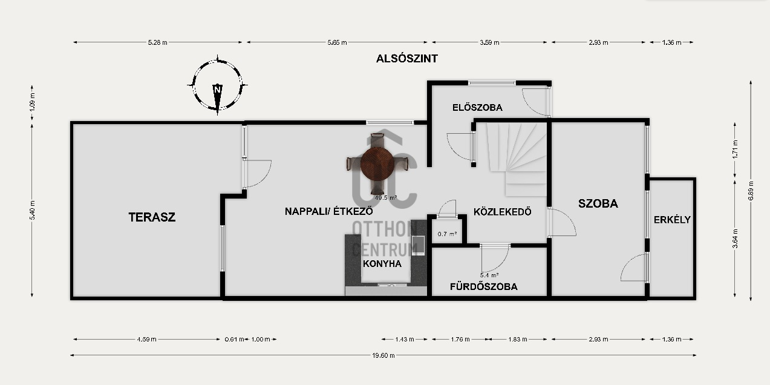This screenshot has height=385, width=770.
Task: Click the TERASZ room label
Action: (152, 217)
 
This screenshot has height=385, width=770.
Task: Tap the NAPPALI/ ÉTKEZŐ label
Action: (329, 211)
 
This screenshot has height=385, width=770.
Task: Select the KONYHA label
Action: (382, 263)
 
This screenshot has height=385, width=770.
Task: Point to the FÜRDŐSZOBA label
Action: (484, 286)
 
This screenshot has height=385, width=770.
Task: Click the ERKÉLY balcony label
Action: (672, 220)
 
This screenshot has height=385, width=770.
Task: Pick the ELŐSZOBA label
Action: (477, 107)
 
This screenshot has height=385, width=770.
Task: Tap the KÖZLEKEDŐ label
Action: (503, 212)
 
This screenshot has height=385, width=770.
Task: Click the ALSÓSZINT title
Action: (407, 59)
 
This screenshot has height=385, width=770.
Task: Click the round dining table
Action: (377, 164)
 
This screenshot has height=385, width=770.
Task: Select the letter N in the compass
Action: (217, 90)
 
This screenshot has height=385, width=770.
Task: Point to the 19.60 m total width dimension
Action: (383, 355)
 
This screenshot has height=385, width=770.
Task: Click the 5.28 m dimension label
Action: (158, 42)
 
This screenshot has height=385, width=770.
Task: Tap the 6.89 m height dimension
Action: (751, 191)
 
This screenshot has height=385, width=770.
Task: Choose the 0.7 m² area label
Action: (447, 234)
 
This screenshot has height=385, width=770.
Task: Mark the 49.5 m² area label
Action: (386, 198)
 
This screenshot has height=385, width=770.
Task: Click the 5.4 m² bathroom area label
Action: (489, 275)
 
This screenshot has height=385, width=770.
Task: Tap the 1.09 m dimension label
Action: (32, 102)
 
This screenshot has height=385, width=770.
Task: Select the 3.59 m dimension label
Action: (489, 42)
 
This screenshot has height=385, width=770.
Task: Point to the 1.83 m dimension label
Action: (518, 339)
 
